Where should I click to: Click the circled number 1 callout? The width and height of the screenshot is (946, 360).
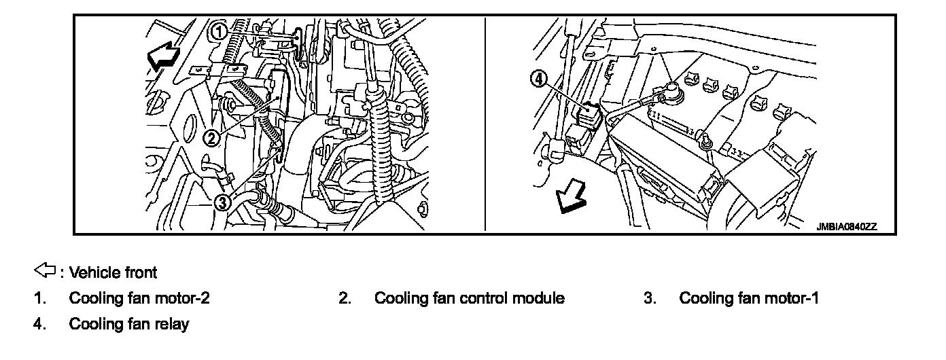tap(218, 31)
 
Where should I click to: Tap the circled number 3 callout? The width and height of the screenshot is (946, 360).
tap(224, 202)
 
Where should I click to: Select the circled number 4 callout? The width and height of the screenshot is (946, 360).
tap(538, 79)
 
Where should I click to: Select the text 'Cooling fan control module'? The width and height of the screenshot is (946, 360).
tap(469, 298)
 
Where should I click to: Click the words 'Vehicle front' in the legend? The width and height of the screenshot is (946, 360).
tap(113, 273)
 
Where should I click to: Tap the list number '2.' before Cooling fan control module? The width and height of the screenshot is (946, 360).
tap(345, 298)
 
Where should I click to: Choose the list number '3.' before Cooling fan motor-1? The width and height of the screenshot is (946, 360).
tap(649, 298)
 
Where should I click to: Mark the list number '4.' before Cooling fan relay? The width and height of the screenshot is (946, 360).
tap(39, 324)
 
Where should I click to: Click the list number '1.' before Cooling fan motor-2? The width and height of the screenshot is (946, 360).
tap(39, 298)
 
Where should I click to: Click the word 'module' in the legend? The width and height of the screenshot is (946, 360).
tap(540, 298)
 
